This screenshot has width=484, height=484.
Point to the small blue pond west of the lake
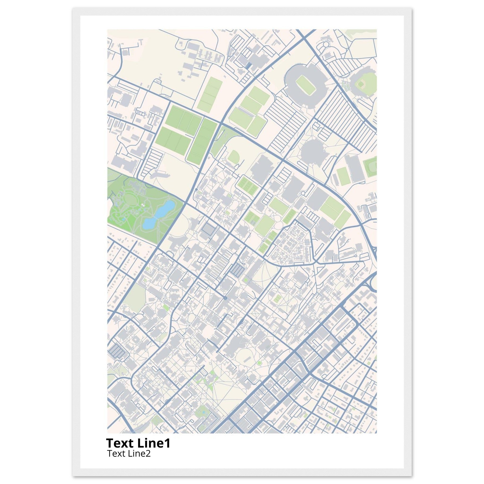124,219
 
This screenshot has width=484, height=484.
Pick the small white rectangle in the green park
143,205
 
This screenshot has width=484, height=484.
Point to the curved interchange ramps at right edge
372,282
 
